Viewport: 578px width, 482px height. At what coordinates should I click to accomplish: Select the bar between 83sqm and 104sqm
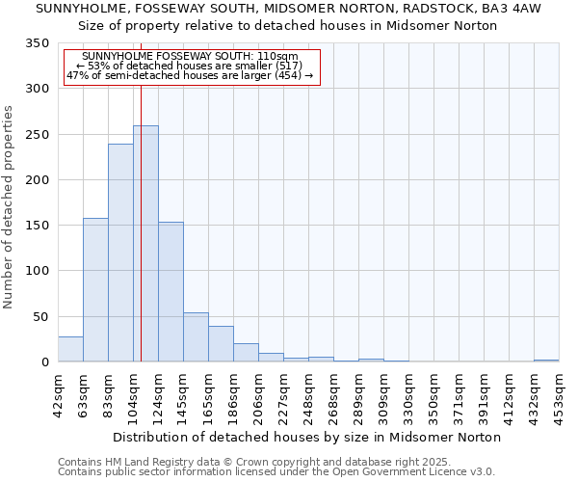[x=120, y=253]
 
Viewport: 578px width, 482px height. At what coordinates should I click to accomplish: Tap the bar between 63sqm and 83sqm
[x=95, y=289]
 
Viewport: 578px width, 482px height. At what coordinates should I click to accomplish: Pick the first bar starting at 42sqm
[x=70, y=349]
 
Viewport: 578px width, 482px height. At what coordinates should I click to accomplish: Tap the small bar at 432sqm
[x=546, y=361]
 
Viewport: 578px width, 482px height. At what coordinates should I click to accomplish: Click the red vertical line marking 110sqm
[x=141, y=193]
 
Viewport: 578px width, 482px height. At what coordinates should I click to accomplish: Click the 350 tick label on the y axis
[x=37, y=43]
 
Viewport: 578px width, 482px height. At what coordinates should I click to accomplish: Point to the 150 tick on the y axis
[x=37, y=226]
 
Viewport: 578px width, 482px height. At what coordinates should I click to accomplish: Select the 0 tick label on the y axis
[x=44, y=362]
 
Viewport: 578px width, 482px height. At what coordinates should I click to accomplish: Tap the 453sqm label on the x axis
[x=559, y=394]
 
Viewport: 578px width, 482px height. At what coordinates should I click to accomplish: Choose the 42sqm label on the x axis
[x=58, y=394]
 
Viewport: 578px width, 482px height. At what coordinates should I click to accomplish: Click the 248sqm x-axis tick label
[x=308, y=394]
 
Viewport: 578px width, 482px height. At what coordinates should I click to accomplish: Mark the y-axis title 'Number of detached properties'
[x=10, y=206]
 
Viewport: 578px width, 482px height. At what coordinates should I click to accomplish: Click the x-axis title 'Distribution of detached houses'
[x=306, y=437]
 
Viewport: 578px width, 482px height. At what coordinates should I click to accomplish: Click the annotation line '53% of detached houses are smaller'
[x=189, y=66]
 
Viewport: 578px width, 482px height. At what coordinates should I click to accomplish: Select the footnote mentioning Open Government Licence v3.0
[x=276, y=472]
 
